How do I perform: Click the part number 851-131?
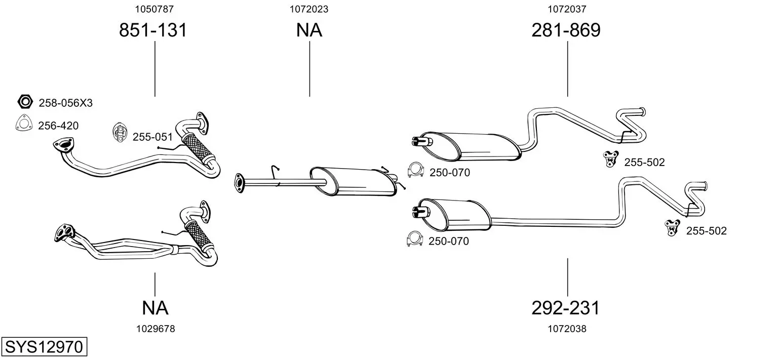coord(153,30)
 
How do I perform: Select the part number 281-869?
coord(566,30)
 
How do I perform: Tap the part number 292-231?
coord(565,308)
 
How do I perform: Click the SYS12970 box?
coord(44,346)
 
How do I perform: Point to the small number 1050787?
coord(154,9)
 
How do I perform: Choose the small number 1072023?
coord(309,9)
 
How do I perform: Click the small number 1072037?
coord(567,9)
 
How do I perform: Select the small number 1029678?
coord(156,329)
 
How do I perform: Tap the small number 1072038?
coord(567,329)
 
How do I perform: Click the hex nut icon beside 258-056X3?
coord(25,102)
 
